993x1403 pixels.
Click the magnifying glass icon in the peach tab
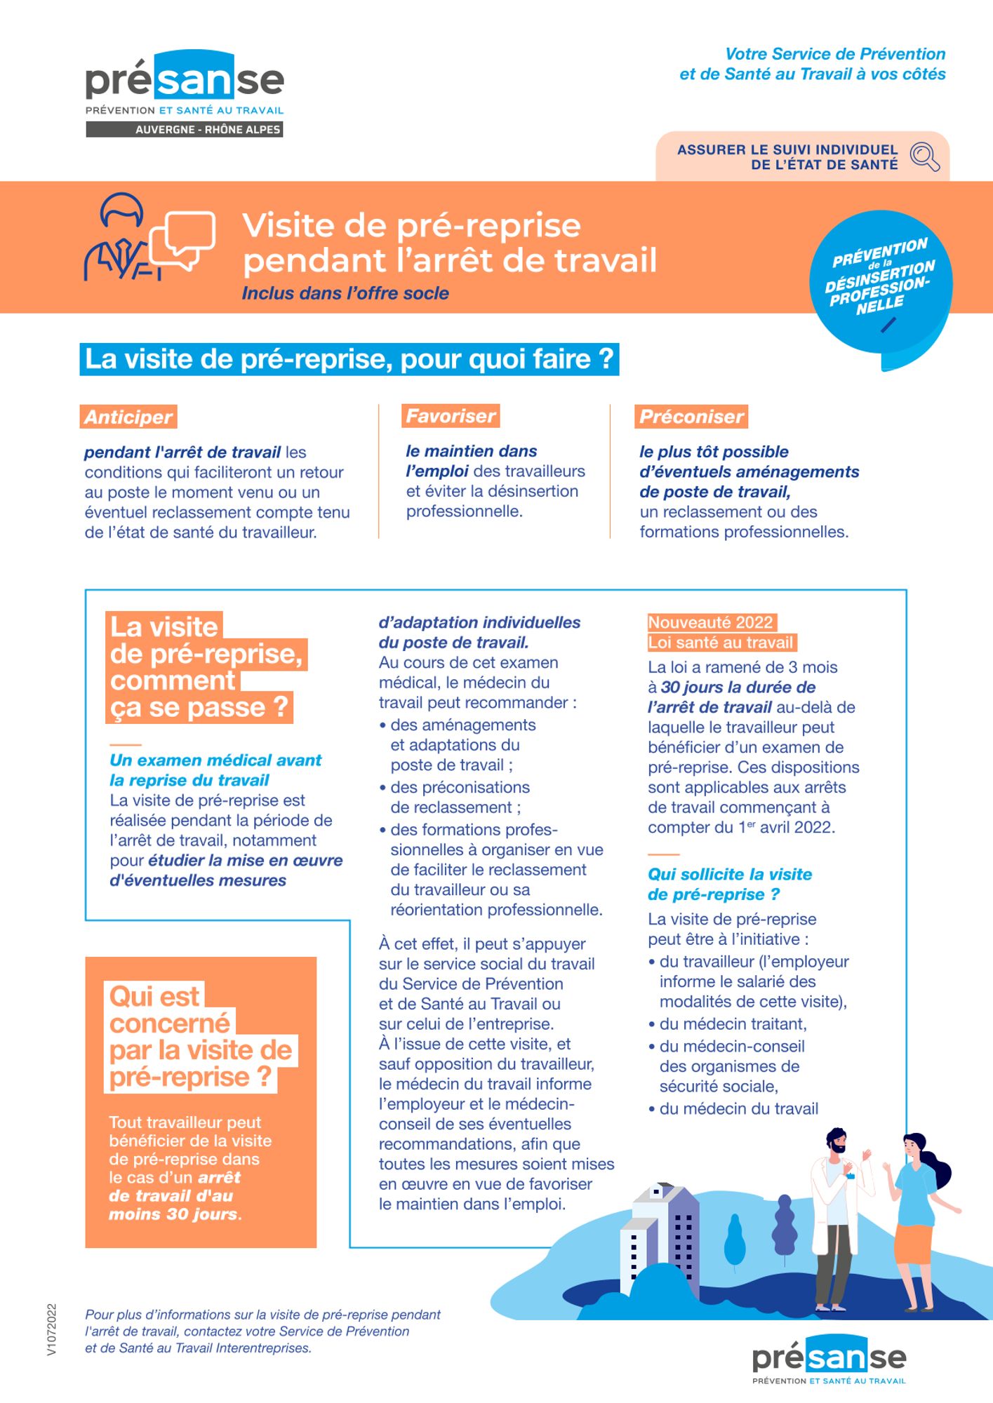click(x=924, y=156)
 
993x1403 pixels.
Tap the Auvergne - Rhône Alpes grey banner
click(x=185, y=129)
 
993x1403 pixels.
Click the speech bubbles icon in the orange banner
click(x=182, y=239)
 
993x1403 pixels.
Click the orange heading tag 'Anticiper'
click(x=128, y=417)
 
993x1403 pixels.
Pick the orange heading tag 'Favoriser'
click(x=451, y=416)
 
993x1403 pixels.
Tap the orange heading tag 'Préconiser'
click(x=691, y=417)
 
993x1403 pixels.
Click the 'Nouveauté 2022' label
click(x=711, y=622)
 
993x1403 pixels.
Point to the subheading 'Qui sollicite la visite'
click(x=730, y=874)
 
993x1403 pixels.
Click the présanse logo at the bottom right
click(x=829, y=1360)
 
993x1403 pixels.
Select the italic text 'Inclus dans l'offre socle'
click(x=345, y=293)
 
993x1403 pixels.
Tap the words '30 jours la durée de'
click(x=738, y=687)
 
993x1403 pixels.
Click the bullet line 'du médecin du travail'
click(x=738, y=1108)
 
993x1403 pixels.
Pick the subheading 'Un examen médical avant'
click(x=215, y=760)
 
